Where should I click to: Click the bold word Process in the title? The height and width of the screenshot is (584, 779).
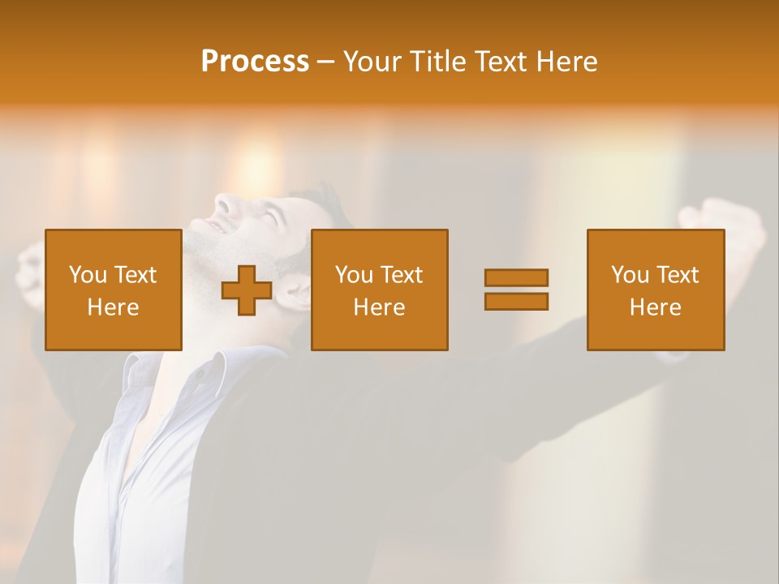pos(255,62)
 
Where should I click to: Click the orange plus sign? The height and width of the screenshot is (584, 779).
pos(247,290)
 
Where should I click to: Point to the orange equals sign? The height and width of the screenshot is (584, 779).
pos(516,290)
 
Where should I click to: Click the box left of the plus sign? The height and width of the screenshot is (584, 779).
pos(114,290)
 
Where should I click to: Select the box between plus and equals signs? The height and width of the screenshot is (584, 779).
pos(379,290)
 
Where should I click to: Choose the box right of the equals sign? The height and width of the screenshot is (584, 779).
pos(655,290)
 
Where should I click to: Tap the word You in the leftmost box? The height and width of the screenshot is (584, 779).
pos(88,275)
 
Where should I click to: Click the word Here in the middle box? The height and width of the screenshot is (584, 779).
pos(379,307)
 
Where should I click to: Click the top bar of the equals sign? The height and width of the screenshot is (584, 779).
pos(516,277)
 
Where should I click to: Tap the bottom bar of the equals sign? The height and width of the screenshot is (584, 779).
pos(516,302)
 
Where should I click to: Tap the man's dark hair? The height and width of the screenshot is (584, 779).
pos(321,203)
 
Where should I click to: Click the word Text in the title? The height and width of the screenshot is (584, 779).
pos(497,62)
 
